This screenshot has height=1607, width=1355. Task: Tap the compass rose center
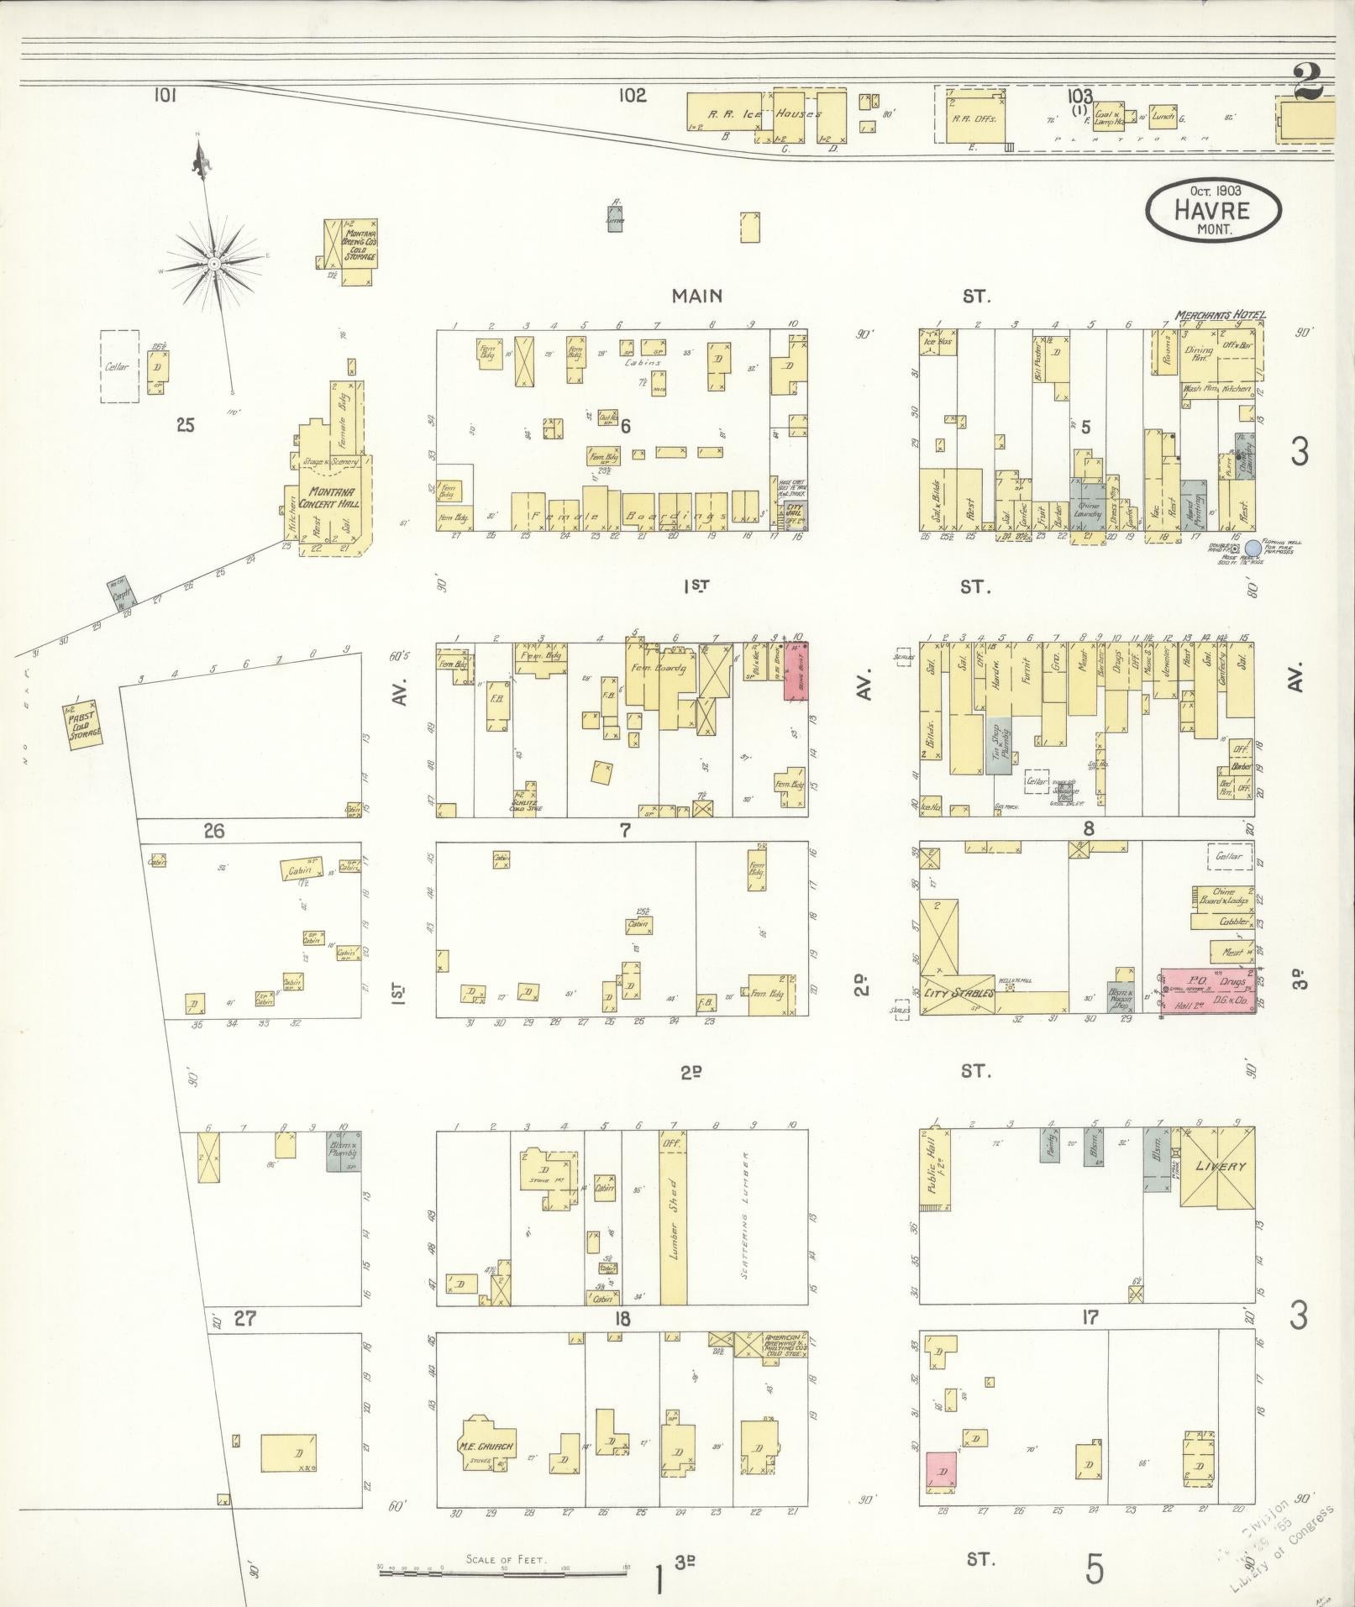click(x=214, y=264)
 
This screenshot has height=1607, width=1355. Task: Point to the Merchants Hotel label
click(x=1219, y=315)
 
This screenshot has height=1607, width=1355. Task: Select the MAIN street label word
click(x=696, y=296)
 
